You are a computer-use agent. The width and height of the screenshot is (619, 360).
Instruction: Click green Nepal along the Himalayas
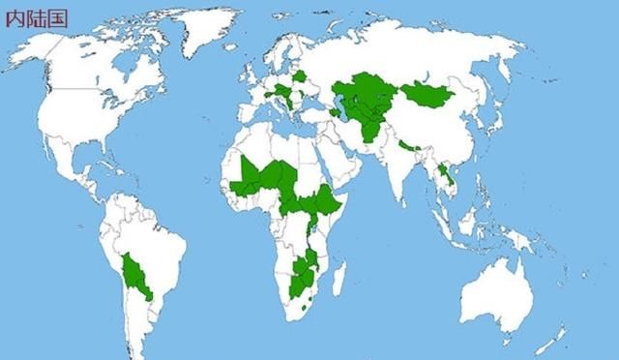pos(407,146)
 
